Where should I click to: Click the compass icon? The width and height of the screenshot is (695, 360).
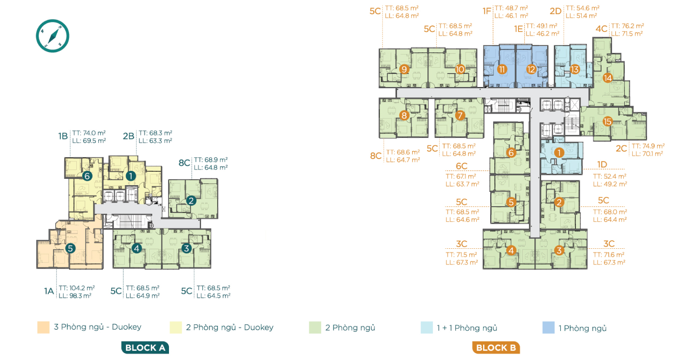(52, 36)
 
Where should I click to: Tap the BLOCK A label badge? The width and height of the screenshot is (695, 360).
(145, 348)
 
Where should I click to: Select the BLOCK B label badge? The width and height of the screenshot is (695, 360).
(496, 348)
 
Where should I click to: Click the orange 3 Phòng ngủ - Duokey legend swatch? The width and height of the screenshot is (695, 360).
(43, 327)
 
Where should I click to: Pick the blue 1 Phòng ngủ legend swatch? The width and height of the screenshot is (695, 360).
(548, 328)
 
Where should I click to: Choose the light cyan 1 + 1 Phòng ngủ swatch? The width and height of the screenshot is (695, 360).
(427, 328)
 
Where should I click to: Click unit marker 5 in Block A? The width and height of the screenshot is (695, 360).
(70, 248)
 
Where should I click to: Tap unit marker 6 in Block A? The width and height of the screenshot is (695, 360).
(87, 176)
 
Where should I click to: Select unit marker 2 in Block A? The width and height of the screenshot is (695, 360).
(191, 201)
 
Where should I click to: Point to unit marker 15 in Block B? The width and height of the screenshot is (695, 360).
(608, 122)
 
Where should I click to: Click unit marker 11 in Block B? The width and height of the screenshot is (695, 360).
(502, 70)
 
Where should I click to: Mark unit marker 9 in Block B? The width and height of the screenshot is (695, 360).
(404, 70)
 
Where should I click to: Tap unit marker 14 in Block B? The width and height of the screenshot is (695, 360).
(608, 78)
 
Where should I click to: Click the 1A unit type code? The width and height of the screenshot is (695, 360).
(49, 291)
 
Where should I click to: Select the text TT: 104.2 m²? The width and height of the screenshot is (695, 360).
(77, 288)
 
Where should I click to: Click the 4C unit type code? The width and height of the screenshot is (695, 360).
(602, 29)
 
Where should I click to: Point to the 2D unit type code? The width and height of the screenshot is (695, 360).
(556, 11)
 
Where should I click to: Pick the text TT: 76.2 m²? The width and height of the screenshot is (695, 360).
(627, 26)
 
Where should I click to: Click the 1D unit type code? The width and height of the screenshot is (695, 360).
(602, 165)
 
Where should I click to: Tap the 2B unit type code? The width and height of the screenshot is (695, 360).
(128, 136)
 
